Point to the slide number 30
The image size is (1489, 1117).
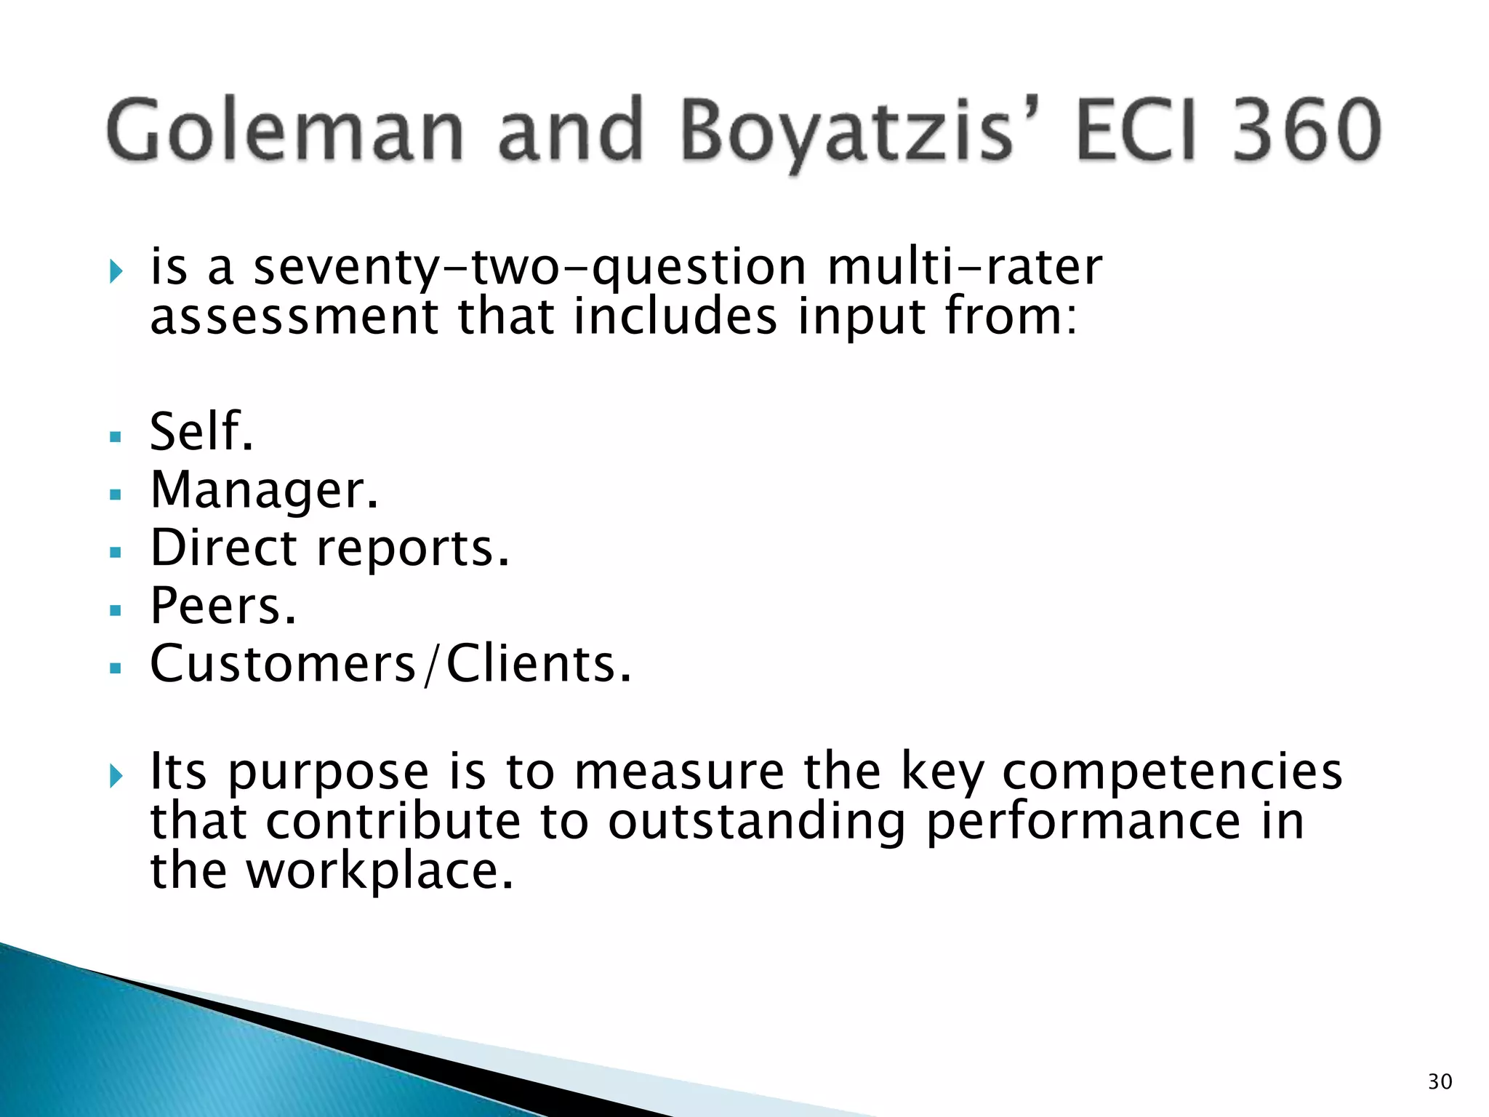[1440, 1082]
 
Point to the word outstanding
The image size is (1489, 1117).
[757, 822]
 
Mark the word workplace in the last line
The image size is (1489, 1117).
[380, 871]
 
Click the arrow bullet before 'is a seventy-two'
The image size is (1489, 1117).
[116, 272]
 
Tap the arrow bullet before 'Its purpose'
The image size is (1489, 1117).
[116, 776]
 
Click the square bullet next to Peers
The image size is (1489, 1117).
[115, 610]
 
